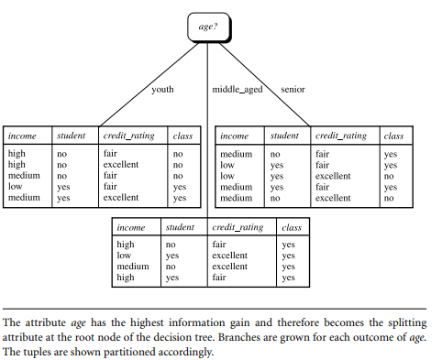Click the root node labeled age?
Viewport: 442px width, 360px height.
(x=208, y=27)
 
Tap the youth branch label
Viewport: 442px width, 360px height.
(x=163, y=90)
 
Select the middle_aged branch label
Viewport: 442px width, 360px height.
(x=236, y=90)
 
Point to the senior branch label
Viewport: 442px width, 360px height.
(x=293, y=90)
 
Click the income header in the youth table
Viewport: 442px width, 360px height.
(x=22, y=136)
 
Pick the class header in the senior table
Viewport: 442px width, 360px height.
(x=392, y=136)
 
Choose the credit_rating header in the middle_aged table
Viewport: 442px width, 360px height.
(x=238, y=226)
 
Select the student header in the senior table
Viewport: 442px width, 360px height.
(x=284, y=136)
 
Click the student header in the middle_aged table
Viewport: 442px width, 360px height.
(x=179, y=226)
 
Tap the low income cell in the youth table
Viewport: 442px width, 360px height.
(x=16, y=186)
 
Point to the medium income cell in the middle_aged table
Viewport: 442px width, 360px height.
(x=132, y=267)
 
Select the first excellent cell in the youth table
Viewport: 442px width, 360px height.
(x=121, y=165)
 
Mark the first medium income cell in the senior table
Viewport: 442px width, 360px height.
(x=236, y=154)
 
